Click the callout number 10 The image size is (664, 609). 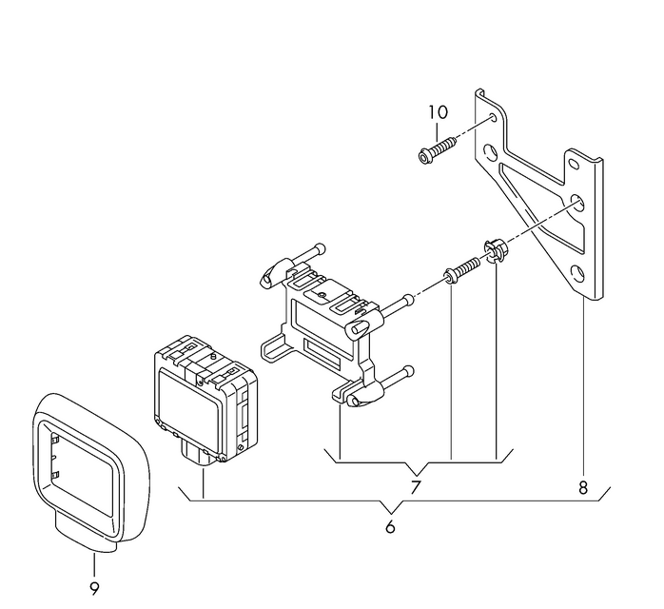tap(438, 112)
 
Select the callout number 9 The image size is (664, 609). tap(94, 588)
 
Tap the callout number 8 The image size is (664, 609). tap(583, 487)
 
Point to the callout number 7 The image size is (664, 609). tap(416, 487)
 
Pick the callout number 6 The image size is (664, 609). tap(390, 527)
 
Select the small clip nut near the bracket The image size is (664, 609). tap(495, 250)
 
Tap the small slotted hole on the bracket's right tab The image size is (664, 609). tap(574, 165)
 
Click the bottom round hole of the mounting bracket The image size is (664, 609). tap(577, 274)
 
